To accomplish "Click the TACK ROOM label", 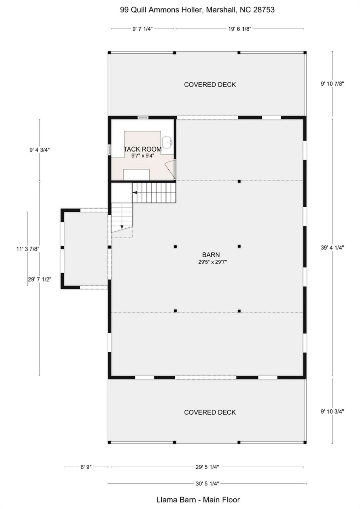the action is [143, 149].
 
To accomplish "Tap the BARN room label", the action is [211, 255].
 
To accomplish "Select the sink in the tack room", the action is [168, 142].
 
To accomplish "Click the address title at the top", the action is [197, 10].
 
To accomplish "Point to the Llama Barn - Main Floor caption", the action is [198, 500].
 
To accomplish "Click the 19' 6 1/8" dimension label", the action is [240, 29].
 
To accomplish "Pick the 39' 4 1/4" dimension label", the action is [332, 247].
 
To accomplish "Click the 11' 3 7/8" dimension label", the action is [28, 249].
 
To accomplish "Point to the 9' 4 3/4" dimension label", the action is [40, 150].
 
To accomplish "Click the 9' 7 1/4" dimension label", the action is [143, 29].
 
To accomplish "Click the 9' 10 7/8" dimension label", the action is [332, 84].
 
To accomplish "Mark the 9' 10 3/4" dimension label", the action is [332, 411].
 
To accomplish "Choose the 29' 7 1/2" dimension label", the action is [40, 279].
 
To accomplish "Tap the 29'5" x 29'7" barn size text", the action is [213, 262].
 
